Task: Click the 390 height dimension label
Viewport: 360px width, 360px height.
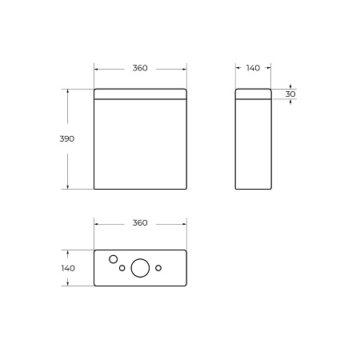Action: tap(67, 138)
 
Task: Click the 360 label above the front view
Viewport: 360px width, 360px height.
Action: tap(140, 68)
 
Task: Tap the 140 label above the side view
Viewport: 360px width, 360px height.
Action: tap(253, 68)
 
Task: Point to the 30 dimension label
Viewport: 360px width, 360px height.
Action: tap(290, 94)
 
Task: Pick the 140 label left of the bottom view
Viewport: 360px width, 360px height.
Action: tap(67, 268)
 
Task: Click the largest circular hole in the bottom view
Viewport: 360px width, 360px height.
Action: tap(140, 268)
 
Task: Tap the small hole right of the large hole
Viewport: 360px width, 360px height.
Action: tap(158, 266)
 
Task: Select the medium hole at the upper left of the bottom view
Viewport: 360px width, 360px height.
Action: tap(114, 258)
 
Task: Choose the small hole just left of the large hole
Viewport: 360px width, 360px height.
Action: tap(122, 268)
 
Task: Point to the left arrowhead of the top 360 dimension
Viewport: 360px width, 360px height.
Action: tap(96, 68)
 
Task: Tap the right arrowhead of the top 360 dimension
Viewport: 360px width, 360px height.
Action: tap(186, 68)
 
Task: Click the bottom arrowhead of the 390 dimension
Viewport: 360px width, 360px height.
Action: tap(67, 187)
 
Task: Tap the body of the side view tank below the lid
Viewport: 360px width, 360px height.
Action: tap(253, 144)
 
